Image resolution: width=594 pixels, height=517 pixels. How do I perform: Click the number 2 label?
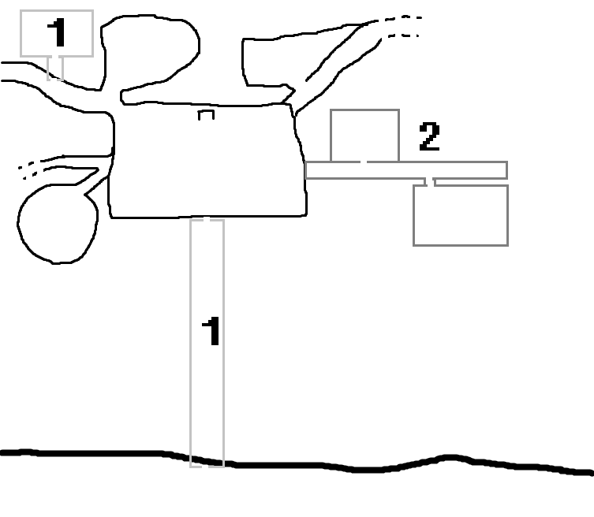tap(429, 138)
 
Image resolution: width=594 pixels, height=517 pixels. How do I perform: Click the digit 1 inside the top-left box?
tap(57, 33)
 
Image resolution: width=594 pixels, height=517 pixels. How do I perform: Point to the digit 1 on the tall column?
tap(211, 332)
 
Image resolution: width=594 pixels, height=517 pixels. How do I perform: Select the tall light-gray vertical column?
tap(207, 394)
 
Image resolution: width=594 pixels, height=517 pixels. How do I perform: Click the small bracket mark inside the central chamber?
tap(206, 115)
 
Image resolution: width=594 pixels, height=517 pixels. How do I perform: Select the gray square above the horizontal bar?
tap(364, 135)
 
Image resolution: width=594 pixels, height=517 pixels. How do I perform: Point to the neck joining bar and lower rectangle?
tap(430, 182)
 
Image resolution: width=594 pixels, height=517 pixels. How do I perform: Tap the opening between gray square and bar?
tap(364, 162)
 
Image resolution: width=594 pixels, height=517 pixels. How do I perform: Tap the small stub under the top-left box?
tap(55, 68)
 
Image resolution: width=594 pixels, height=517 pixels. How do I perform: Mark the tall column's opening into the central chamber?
tap(207, 220)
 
